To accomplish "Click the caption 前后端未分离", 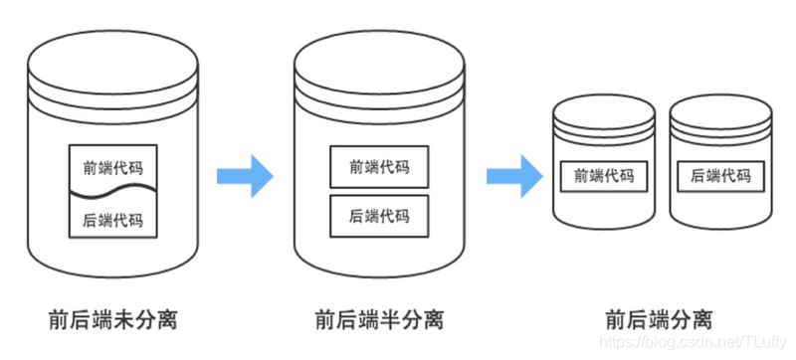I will (x=113, y=320).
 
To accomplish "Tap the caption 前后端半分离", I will (x=379, y=320).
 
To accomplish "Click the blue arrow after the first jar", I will (x=245, y=175).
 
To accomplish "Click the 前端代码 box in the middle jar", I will (x=379, y=167).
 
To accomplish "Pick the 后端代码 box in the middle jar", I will (x=379, y=215).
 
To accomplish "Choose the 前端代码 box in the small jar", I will (x=604, y=176).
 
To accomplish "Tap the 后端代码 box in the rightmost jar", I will (x=720, y=176).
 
